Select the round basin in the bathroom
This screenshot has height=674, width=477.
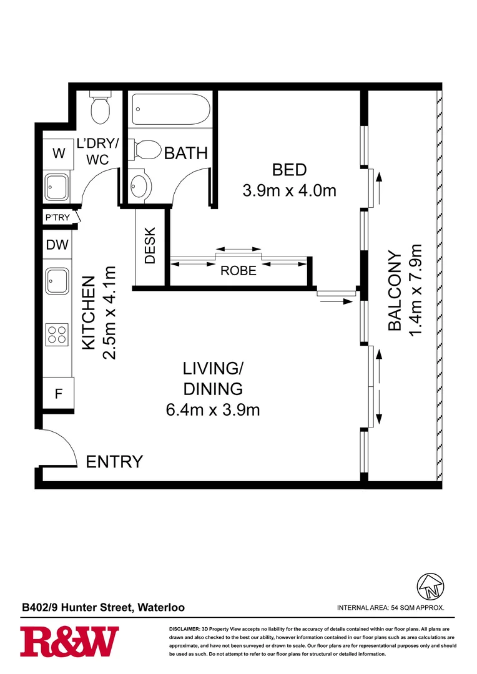[140, 185]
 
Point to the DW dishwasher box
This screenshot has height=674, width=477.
[57, 246]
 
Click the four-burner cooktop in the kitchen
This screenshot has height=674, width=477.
[58, 335]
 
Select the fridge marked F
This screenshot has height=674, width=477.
[58, 394]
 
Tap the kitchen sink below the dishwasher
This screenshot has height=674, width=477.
[58, 281]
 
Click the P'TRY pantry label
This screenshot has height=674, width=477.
[56, 218]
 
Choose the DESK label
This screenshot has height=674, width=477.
[150, 248]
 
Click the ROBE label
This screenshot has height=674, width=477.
[238, 271]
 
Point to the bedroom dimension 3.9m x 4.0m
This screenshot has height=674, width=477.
[289, 190]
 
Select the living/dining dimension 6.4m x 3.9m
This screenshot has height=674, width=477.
[212, 410]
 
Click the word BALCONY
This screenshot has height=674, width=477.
[395, 291]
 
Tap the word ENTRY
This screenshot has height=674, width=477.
[114, 462]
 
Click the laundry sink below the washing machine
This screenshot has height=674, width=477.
[58, 186]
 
